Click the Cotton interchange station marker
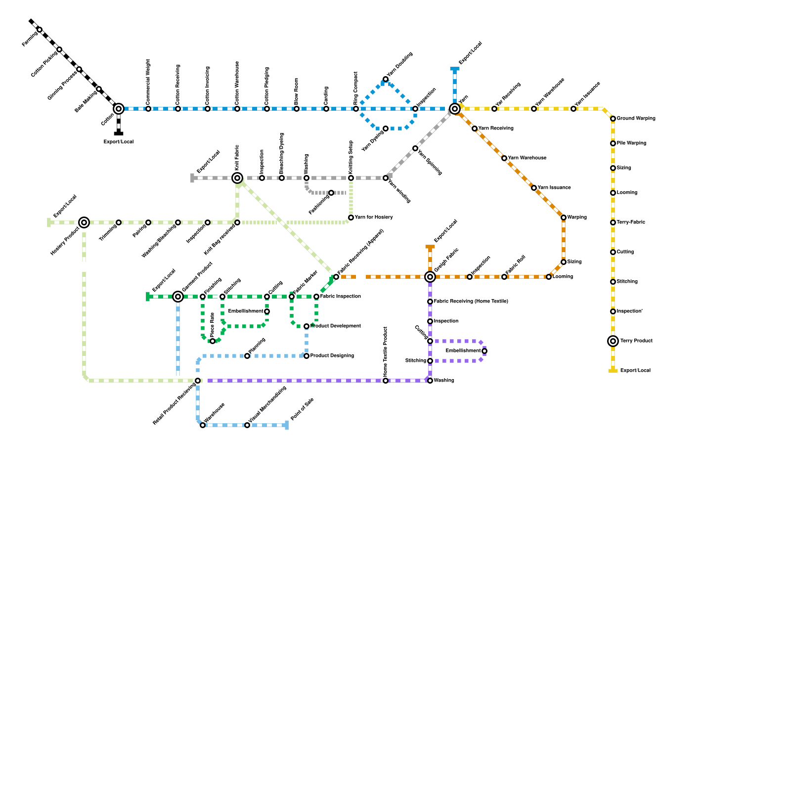click(119, 109)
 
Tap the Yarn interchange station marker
click(455, 109)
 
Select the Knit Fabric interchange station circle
click(237, 178)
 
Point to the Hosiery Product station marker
click(84, 222)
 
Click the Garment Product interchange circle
click(178, 297)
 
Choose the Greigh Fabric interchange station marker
click(430, 277)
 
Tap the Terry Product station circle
click(613, 341)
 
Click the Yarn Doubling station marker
click(386, 79)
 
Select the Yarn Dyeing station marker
click(386, 129)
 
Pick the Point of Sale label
click(302, 409)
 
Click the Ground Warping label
click(636, 119)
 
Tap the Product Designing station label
click(332, 356)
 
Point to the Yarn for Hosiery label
click(374, 218)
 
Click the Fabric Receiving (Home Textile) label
click(471, 302)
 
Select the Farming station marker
click(40, 30)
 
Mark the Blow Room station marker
click(297, 109)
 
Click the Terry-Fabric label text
click(630, 222)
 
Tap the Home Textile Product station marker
click(386, 381)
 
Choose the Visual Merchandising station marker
click(247, 425)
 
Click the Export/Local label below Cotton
click(119, 142)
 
